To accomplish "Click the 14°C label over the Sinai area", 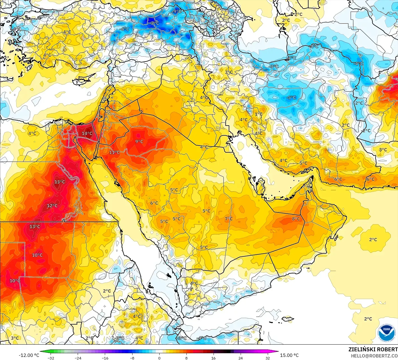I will pos(87,133).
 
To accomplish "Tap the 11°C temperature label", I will pos(114,152).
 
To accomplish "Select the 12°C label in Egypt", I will pos(52,206).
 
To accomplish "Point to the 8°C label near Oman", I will pos(296,219).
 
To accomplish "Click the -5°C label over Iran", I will pos(291,98).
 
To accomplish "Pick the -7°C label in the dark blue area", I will pos(153,23).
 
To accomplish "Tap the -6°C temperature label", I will pos(124,29).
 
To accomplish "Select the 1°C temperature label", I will pos(259,114).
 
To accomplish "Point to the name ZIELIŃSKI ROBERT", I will pos(373,349).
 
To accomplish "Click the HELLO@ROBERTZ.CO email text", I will pos(374,356).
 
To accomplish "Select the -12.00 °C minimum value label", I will pos(29,355).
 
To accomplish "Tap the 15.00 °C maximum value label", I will pos(289,355).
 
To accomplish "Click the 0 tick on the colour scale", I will pos(159,358).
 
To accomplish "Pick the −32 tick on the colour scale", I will pos(51,358).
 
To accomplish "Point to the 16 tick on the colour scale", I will pos(213,358).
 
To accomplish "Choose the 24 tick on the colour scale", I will pos(240,358).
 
